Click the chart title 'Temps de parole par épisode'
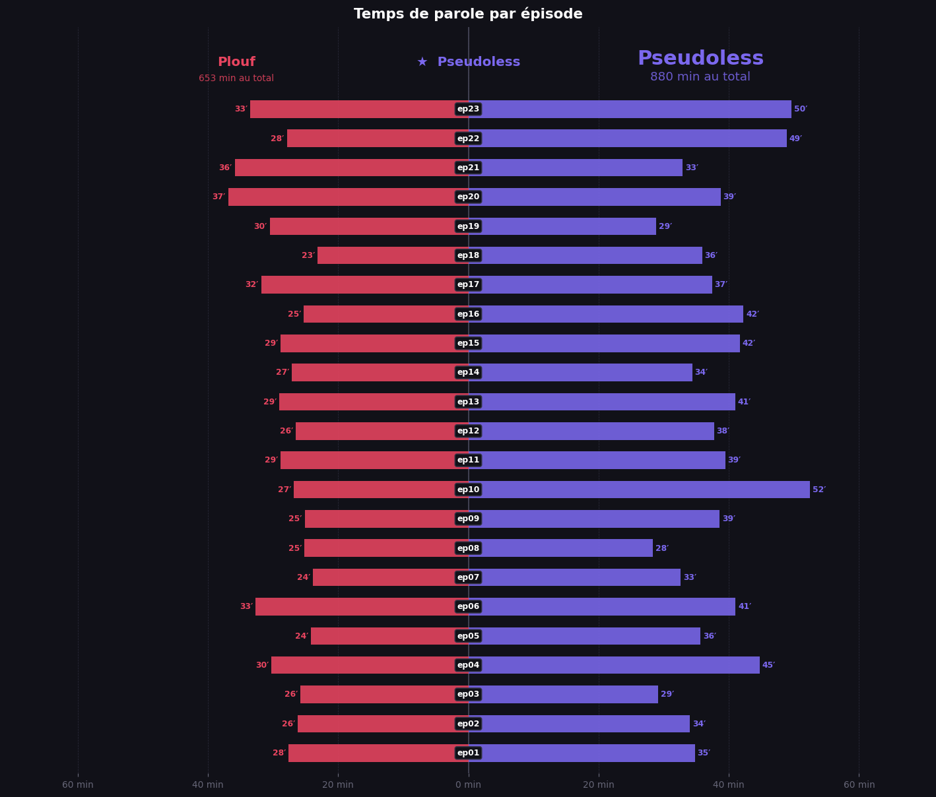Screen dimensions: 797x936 (x=468, y=14)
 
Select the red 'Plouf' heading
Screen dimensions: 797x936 (x=236, y=62)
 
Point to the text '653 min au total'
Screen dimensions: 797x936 (x=236, y=79)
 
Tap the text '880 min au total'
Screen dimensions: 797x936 (x=700, y=77)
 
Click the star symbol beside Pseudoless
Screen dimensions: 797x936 (x=422, y=62)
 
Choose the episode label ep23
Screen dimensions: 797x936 (x=468, y=110)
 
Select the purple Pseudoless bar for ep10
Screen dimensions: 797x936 (x=639, y=490)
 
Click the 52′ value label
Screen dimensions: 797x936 (x=819, y=490)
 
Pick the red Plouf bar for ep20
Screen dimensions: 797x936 (x=349, y=197)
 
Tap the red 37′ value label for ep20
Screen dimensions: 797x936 (x=218, y=197)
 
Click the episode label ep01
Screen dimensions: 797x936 (x=468, y=753)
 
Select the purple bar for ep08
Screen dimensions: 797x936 (x=560, y=548)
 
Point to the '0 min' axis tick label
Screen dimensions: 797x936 (x=468, y=784)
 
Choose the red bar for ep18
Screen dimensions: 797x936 (x=393, y=255)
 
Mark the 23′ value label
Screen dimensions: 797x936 (x=308, y=255)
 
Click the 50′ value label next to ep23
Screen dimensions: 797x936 (x=801, y=110)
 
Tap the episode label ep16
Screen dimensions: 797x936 (x=468, y=314)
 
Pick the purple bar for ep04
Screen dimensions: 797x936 (x=614, y=665)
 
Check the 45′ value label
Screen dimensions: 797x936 (x=768, y=665)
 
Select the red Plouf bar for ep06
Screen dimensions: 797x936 (x=362, y=606)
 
